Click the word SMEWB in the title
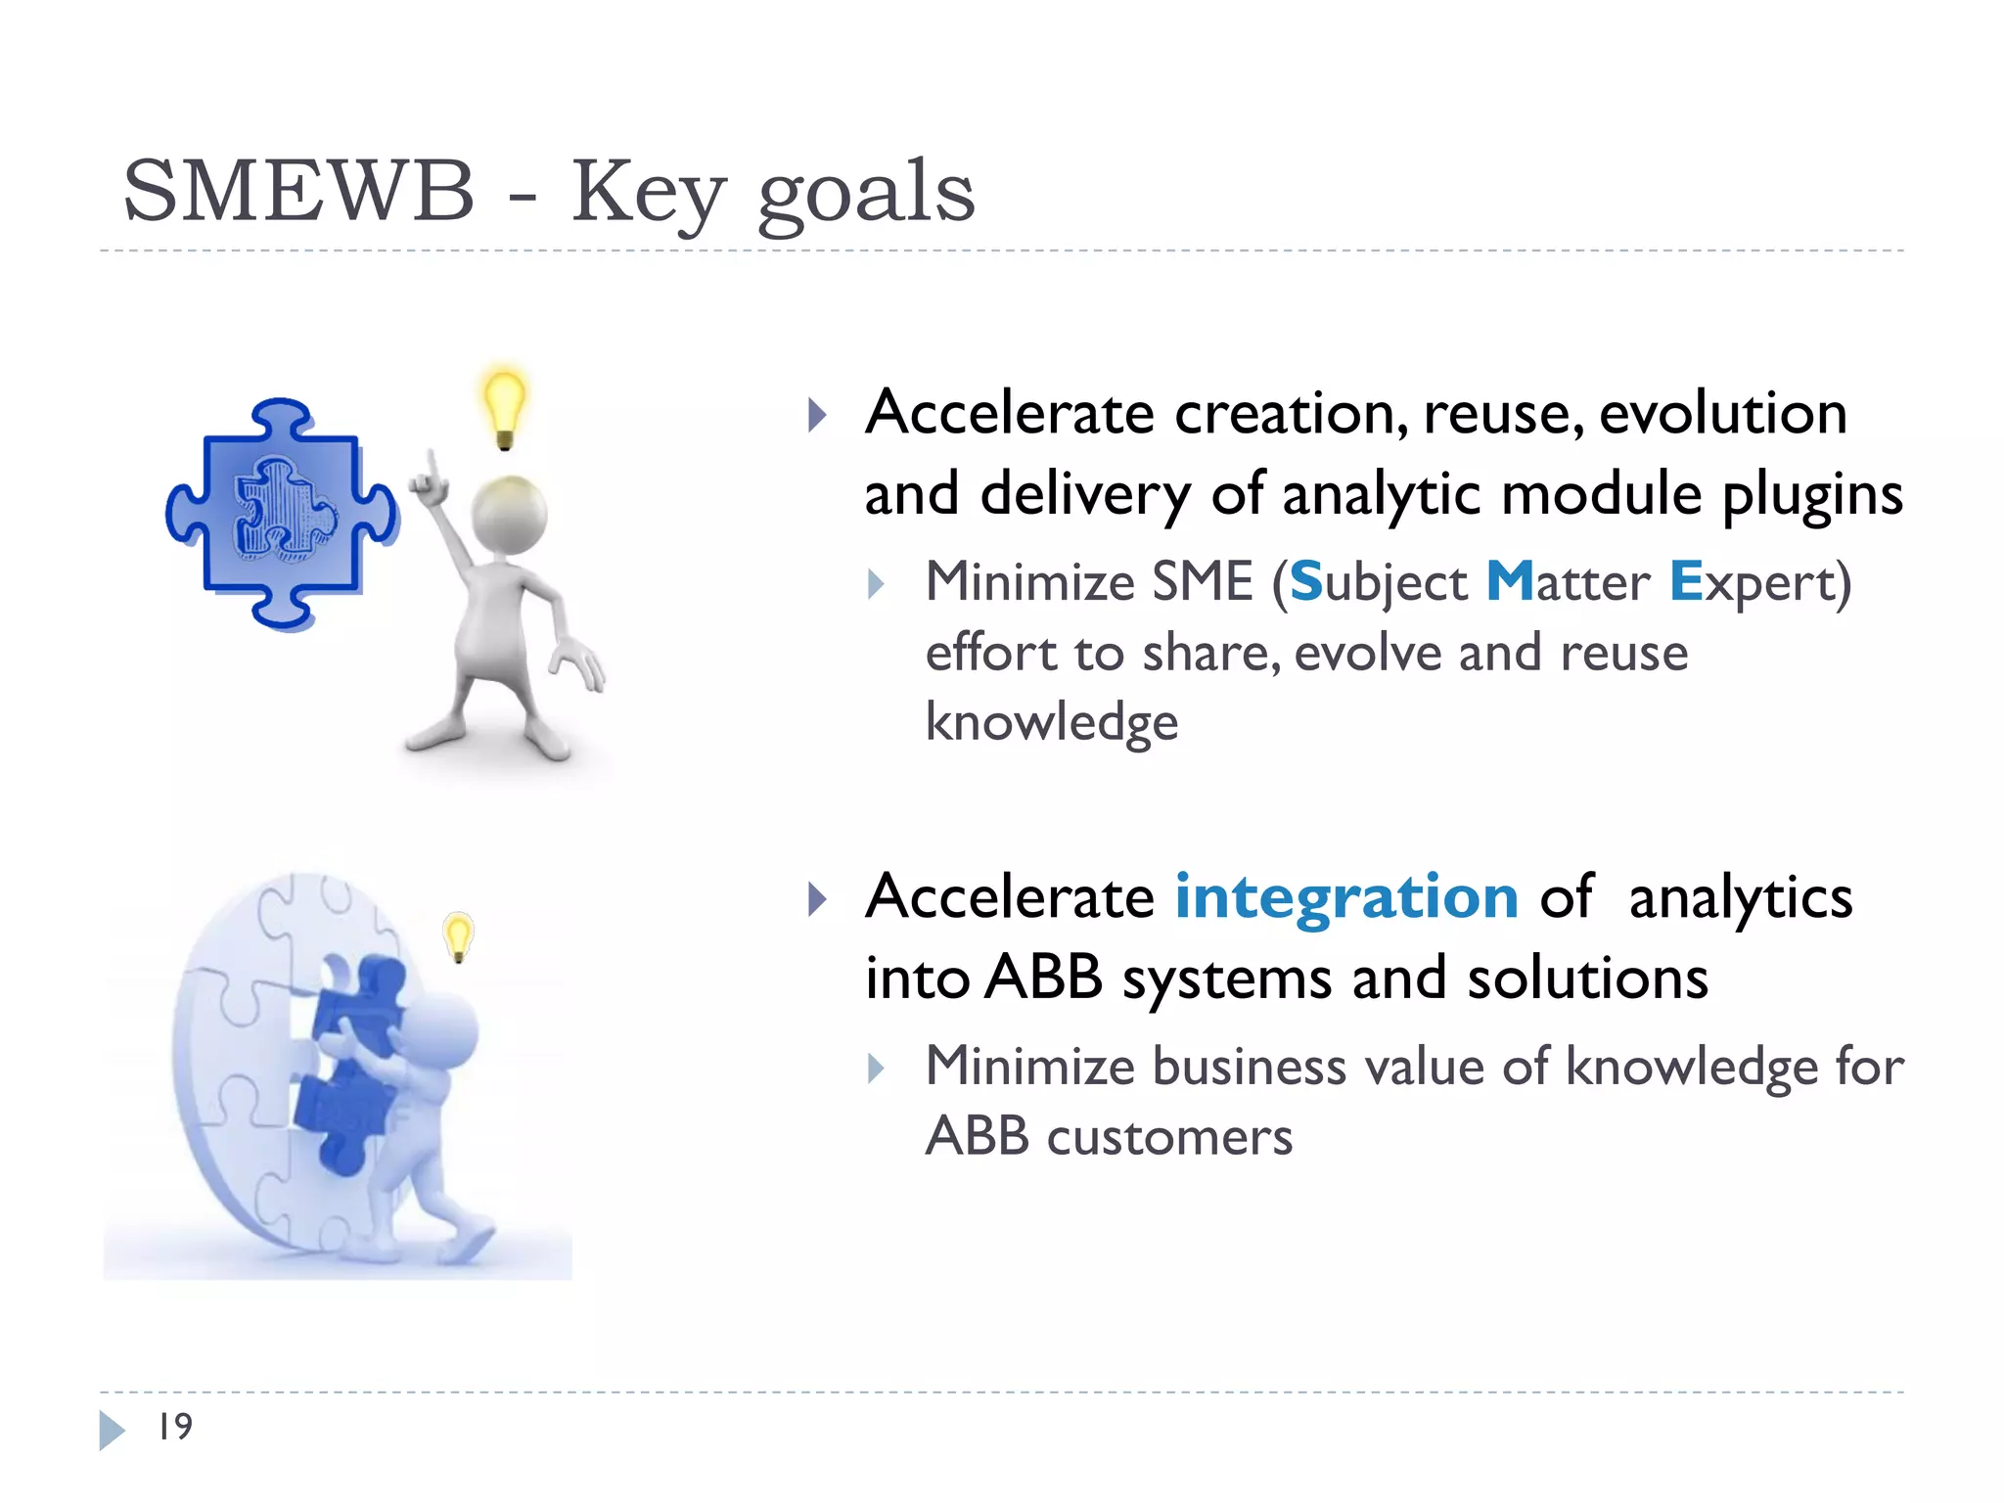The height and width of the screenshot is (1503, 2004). pos(298,192)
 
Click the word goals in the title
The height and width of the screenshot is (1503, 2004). pos(866,194)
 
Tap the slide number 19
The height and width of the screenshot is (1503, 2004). pos(175,1427)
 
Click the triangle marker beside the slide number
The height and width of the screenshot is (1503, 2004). pos(111,1430)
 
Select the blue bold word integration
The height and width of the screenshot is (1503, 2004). pos(1345,896)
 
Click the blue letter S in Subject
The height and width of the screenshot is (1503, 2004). pos(1306,582)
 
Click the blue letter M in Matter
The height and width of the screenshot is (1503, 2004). pos(1509,582)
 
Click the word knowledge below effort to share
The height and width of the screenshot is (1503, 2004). pos(1052,722)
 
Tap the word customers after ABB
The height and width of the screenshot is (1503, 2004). pos(1169,1137)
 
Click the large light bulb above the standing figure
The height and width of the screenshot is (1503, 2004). pos(504,406)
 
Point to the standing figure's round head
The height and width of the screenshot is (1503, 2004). pos(509,516)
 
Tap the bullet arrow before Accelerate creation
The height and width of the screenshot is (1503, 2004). pos(817,415)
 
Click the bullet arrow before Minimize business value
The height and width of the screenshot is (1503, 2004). pos(876,1069)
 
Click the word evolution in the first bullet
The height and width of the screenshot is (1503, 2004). pos(1722,413)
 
